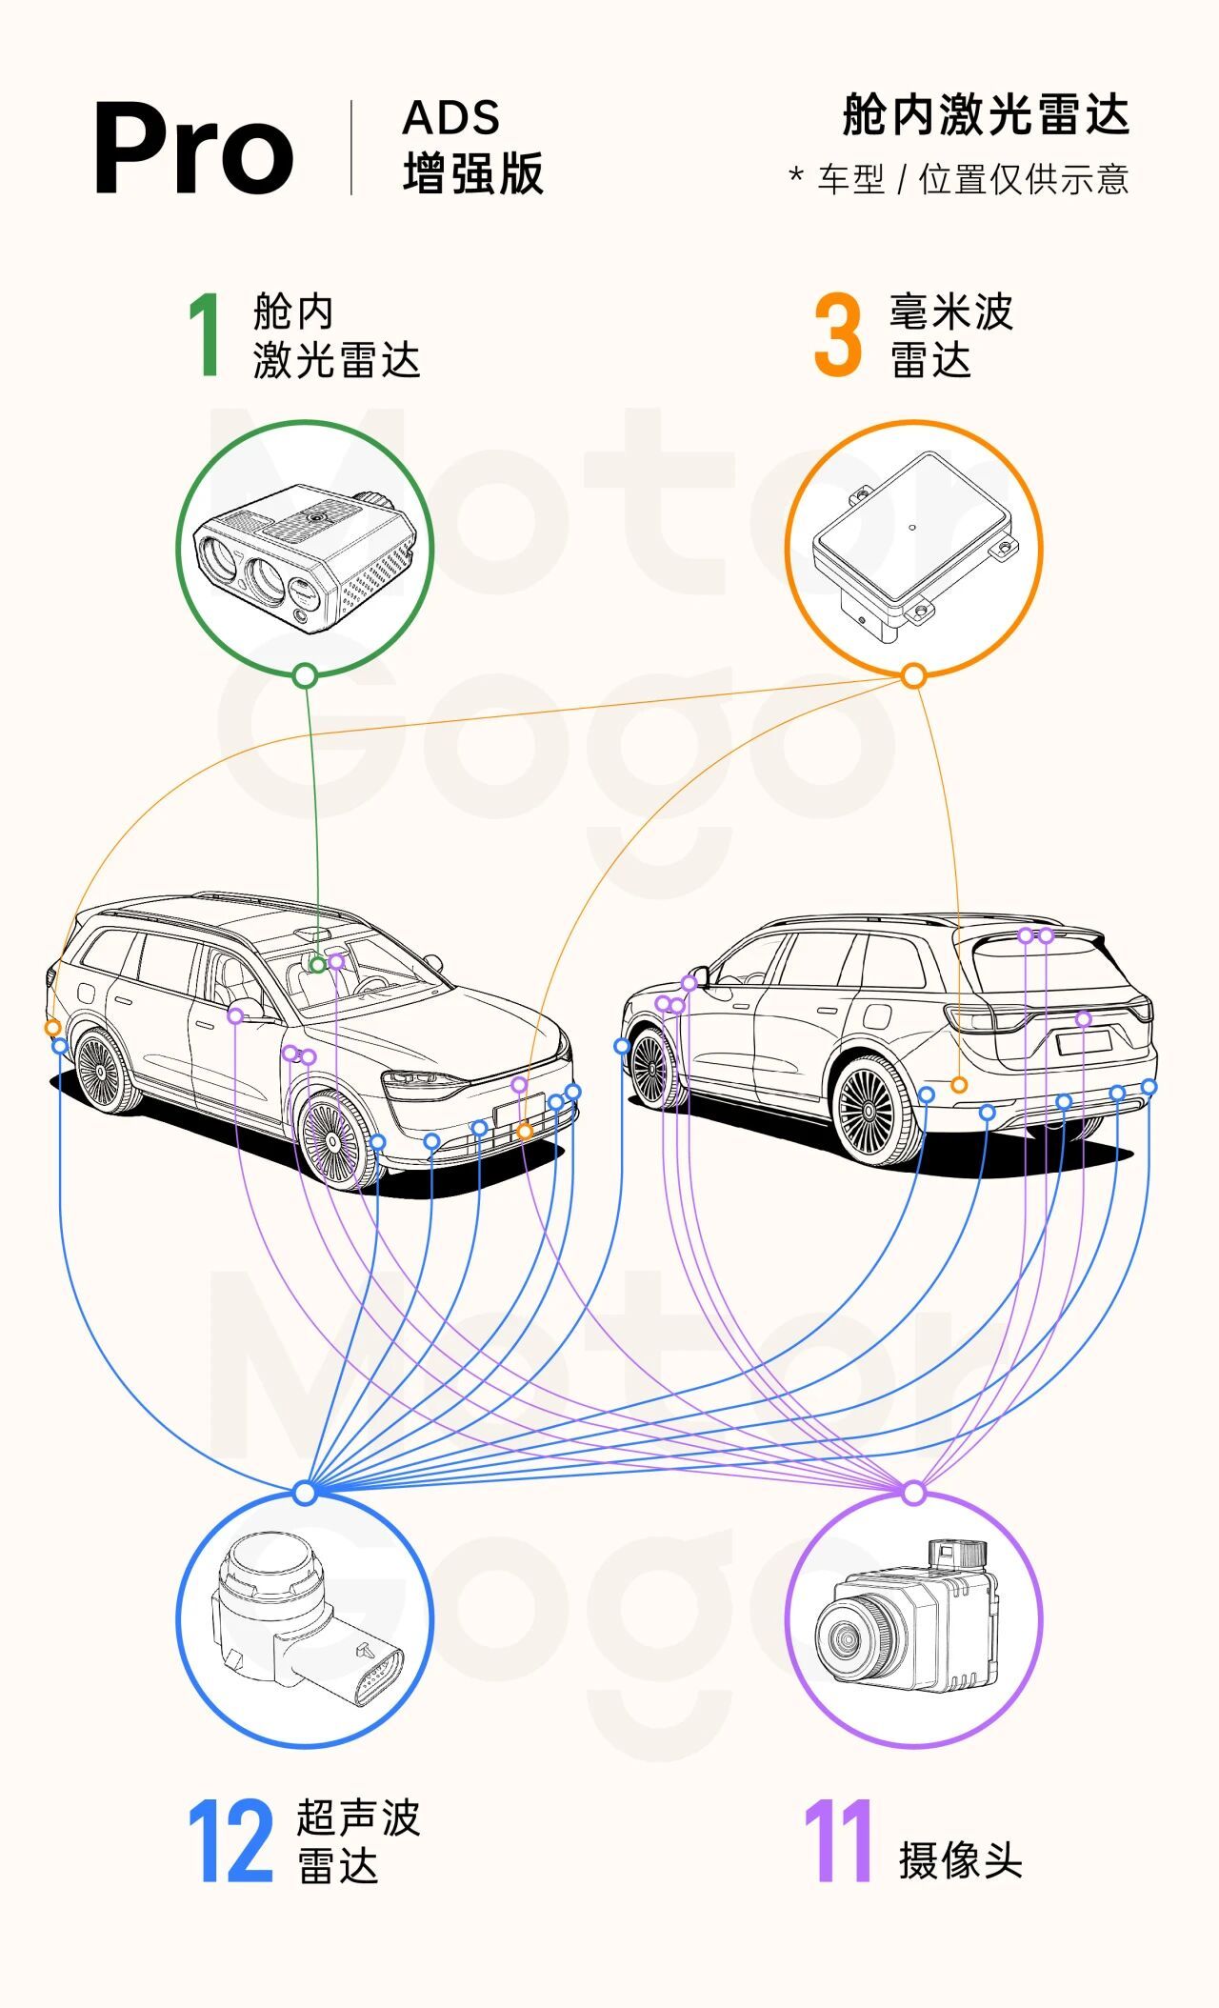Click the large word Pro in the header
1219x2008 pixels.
point(193,150)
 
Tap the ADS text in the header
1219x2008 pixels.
point(450,118)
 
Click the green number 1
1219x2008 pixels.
point(206,334)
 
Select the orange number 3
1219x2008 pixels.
point(838,335)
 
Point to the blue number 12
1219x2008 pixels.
point(230,1841)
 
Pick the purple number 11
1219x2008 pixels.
point(838,1841)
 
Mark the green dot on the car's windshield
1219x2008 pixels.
point(318,965)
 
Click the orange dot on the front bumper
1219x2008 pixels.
point(524,1132)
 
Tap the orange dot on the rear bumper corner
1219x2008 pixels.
point(959,1085)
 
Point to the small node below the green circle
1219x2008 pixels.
point(305,676)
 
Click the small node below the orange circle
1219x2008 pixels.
point(914,676)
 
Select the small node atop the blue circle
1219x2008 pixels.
point(305,1493)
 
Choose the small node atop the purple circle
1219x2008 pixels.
point(914,1493)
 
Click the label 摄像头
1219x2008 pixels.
point(960,1860)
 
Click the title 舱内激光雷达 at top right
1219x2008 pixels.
point(986,115)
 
